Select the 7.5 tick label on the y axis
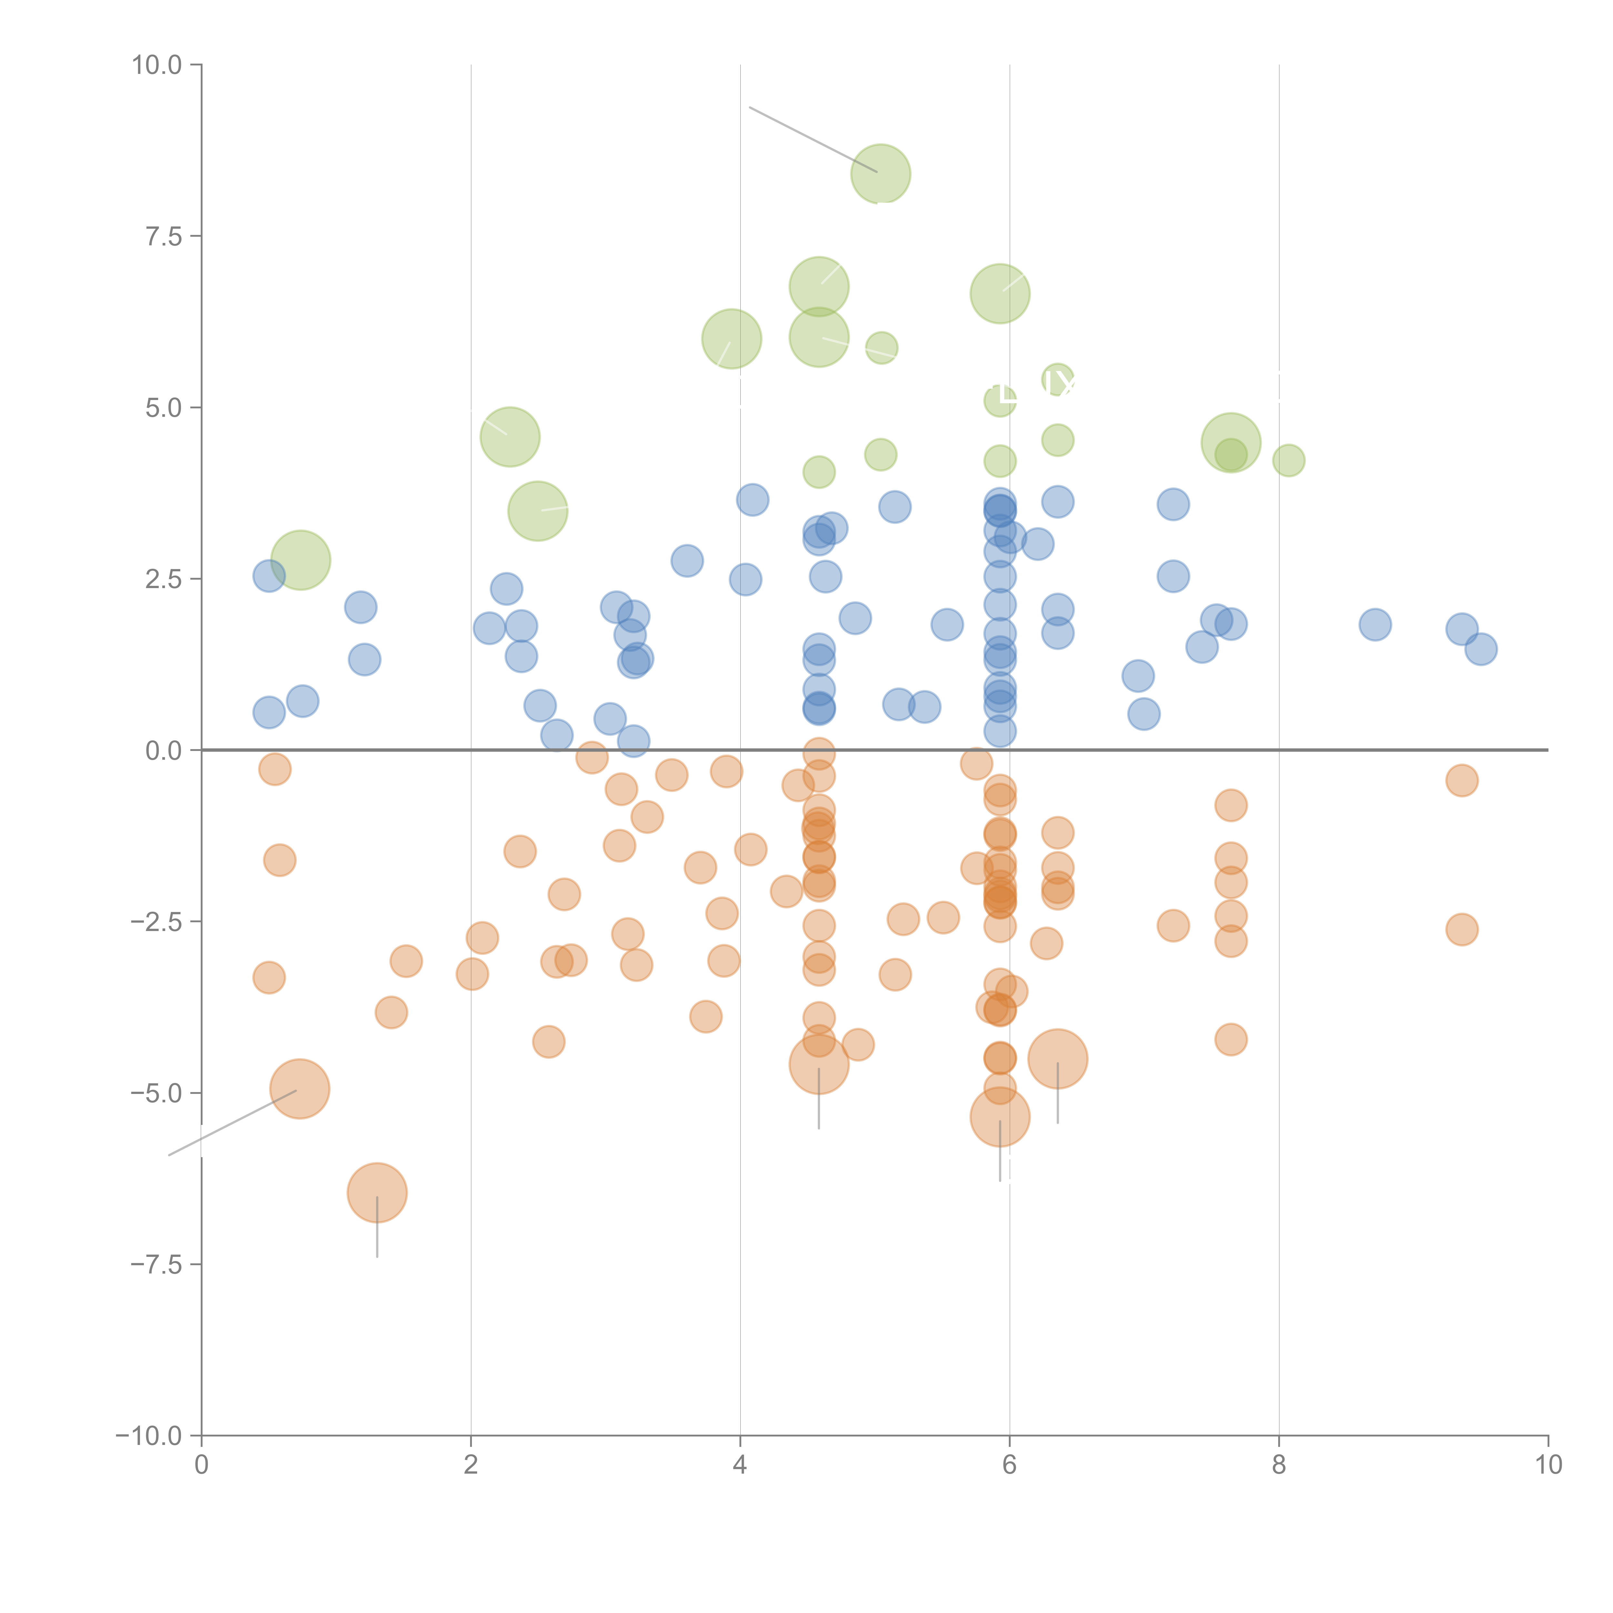coord(164,236)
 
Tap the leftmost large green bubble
coord(301,559)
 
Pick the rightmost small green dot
coord(1288,460)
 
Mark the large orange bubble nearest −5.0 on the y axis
coord(300,1089)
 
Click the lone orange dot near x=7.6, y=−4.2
coord(1231,1039)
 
